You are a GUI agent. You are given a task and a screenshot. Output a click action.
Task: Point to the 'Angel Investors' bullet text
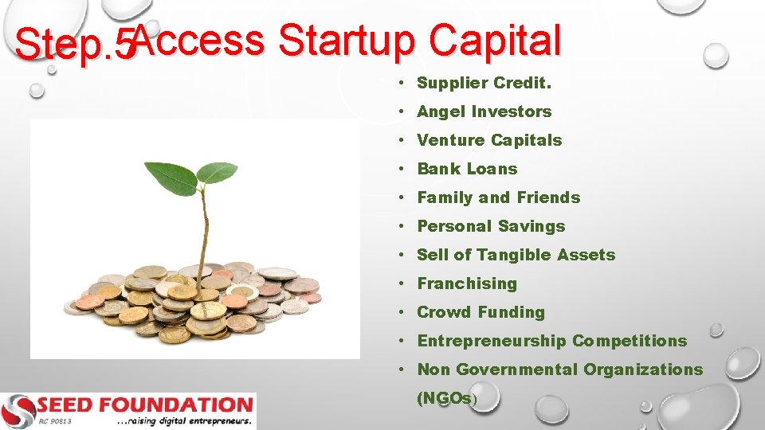[x=484, y=111]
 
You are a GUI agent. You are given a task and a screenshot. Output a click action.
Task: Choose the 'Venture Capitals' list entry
[x=489, y=140]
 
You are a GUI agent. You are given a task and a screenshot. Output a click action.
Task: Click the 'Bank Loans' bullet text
[x=467, y=169]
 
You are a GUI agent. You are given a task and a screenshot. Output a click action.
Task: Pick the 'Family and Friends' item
[x=498, y=197]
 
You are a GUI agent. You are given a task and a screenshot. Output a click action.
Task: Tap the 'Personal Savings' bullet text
[x=491, y=226]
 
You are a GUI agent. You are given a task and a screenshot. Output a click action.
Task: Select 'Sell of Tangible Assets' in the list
[x=516, y=255]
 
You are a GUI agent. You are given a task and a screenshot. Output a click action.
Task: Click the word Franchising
[x=467, y=283]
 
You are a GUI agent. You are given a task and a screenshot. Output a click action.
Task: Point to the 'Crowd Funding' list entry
[x=481, y=312]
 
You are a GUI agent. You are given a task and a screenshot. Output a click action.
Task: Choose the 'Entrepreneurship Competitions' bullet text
[x=551, y=341]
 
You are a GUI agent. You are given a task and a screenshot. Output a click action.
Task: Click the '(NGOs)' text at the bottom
[x=446, y=399]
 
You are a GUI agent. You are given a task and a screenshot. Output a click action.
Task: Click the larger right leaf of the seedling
[x=216, y=172]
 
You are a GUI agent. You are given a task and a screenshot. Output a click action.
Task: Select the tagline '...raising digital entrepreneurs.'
[x=183, y=420]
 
